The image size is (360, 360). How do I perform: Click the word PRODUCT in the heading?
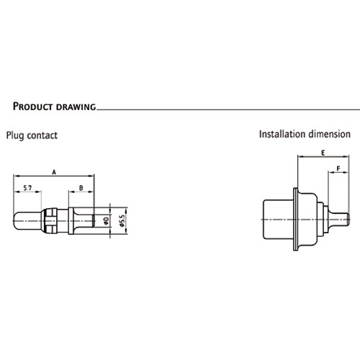[32, 107]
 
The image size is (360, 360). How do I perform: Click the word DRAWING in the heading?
[76, 107]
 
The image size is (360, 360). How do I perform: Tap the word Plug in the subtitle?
[15, 135]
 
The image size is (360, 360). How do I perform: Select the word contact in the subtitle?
[42, 135]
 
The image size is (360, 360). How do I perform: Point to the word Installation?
[282, 134]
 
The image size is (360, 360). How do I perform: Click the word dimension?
[330, 134]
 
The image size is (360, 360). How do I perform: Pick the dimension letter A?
[54, 172]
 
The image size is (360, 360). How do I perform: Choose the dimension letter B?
[81, 188]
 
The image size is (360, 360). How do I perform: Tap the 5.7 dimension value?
[27, 188]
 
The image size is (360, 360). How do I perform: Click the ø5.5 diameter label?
[122, 220]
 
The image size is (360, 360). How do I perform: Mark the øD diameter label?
[107, 220]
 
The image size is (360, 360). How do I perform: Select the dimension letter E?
[323, 153]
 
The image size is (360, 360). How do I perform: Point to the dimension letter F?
[338, 168]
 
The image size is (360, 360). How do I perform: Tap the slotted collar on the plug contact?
[51, 220]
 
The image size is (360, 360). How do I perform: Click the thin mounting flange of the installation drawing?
[296, 220]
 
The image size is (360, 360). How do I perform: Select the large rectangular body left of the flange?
[278, 220]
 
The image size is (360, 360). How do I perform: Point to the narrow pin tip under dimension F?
[339, 219]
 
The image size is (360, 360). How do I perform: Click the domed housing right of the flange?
[307, 220]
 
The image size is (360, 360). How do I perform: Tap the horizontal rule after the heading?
[228, 109]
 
